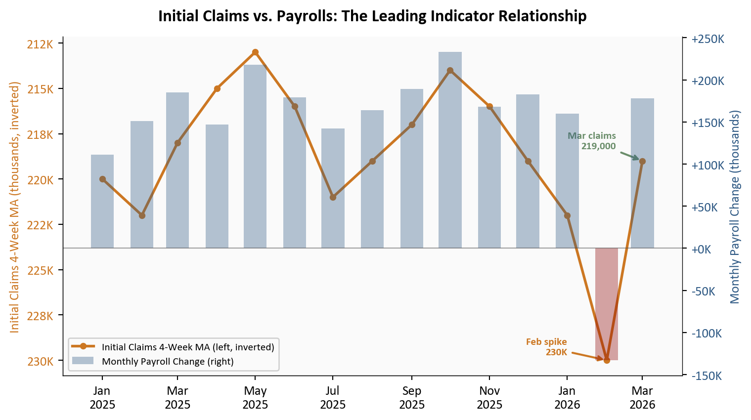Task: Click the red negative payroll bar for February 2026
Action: (607, 304)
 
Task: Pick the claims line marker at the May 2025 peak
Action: (255, 52)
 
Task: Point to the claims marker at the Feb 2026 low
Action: (607, 360)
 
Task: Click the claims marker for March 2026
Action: (642, 161)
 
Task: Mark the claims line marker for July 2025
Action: (333, 197)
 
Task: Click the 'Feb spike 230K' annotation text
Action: (547, 347)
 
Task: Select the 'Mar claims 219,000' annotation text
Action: (592, 141)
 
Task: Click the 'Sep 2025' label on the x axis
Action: (412, 398)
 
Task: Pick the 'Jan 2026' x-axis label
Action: (567, 398)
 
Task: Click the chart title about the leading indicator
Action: (372, 16)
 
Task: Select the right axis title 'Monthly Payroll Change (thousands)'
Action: (735, 207)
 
